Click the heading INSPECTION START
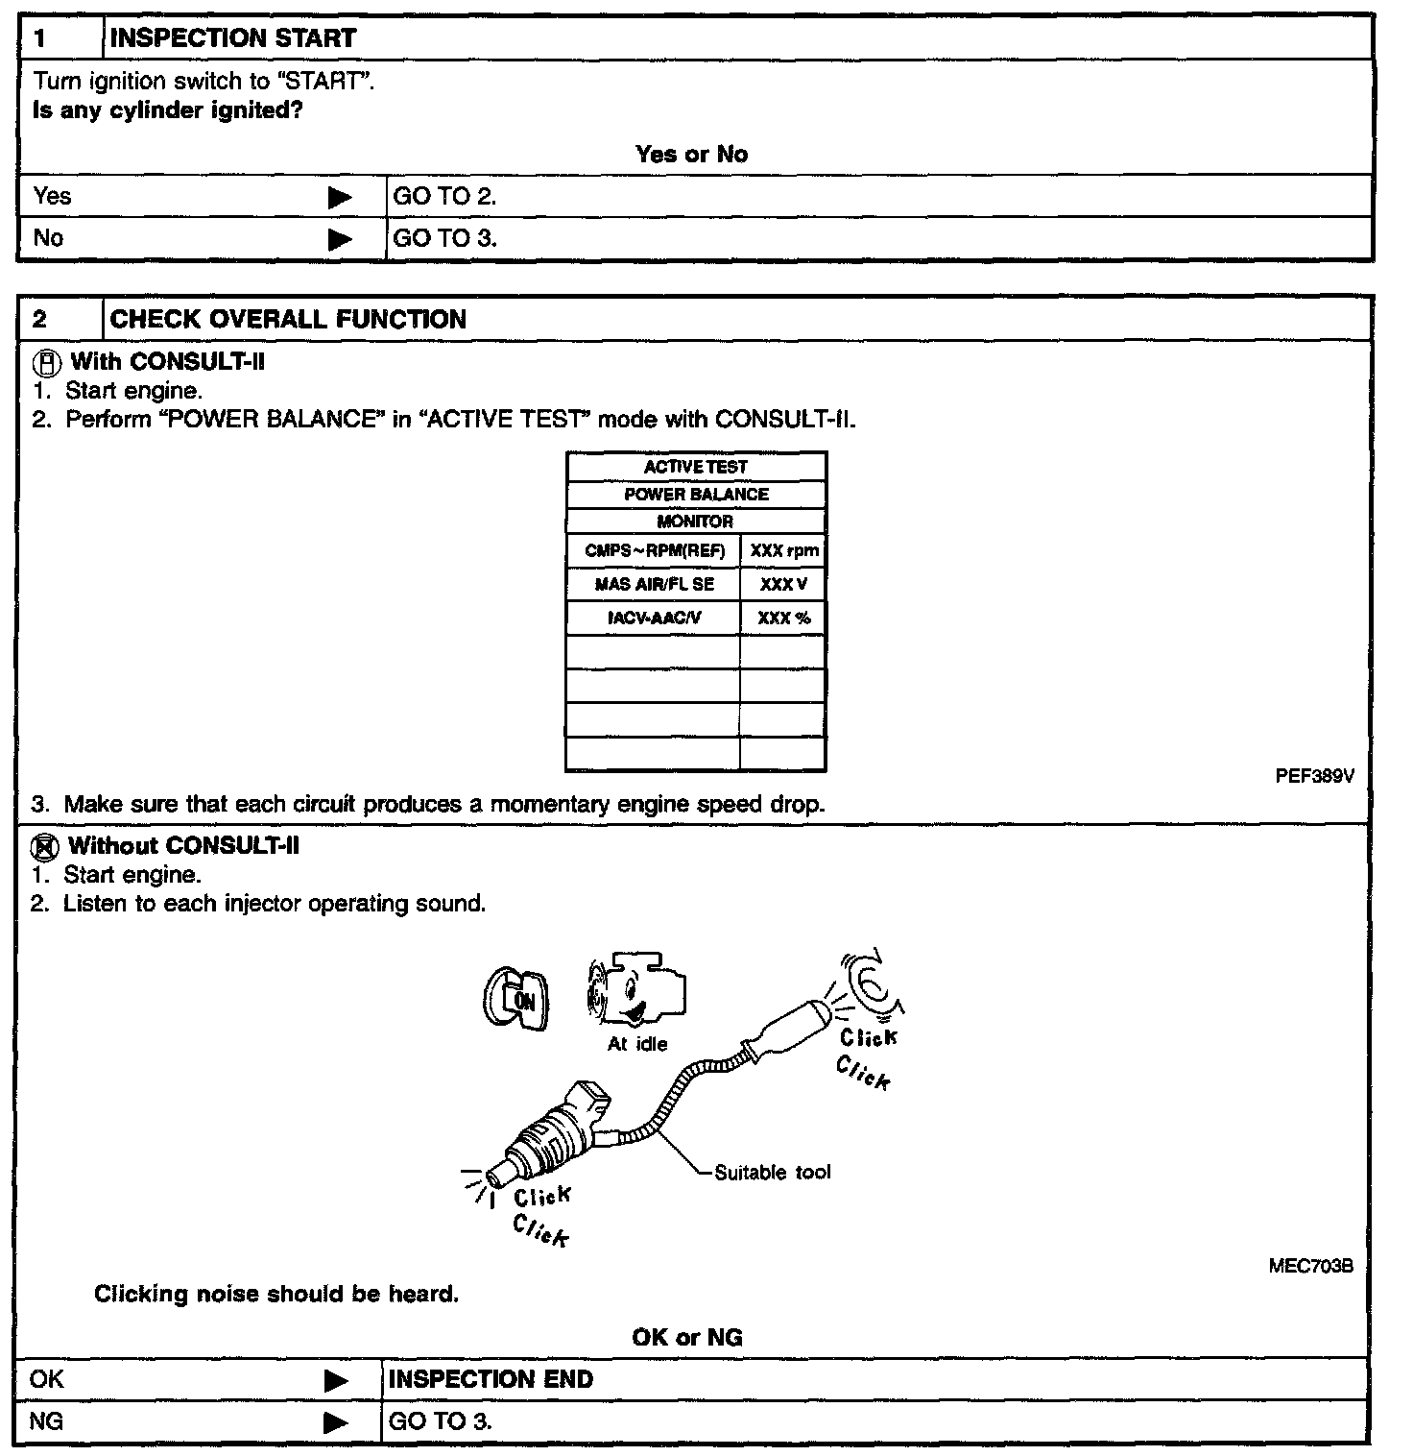click(x=233, y=38)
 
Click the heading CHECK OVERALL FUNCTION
click(x=288, y=319)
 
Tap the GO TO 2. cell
click(x=444, y=197)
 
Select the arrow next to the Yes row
click(x=340, y=198)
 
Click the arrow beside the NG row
click(x=336, y=1422)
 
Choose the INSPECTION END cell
click(x=490, y=1380)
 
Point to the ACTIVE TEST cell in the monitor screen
click(x=695, y=467)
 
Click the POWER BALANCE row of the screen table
click(x=696, y=495)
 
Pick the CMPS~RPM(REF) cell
click(x=654, y=551)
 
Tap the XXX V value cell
click(x=783, y=584)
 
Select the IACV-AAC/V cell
click(x=654, y=618)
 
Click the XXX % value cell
click(x=783, y=618)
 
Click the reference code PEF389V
click(x=1314, y=777)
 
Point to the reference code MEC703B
click(x=1310, y=1267)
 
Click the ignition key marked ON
click(x=516, y=1000)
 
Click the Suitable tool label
click(x=772, y=1173)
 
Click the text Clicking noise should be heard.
click(x=276, y=1295)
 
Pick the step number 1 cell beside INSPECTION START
click(x=60, y=38)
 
